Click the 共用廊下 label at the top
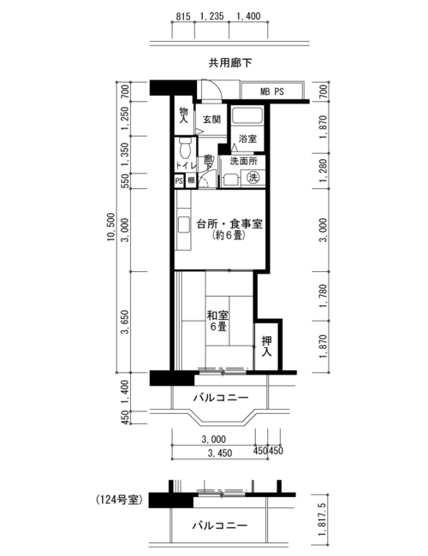[x=230, y=63]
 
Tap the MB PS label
[x=272, y=92]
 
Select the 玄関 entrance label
[x=212, y=120]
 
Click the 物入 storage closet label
[x=183, y=115]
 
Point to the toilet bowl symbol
[x=185, y=148]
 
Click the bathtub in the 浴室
[x=247, y=115]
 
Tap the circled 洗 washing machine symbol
[x=253, y=177]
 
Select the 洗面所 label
[x=243, y=161]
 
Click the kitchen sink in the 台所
[x=184, y=224]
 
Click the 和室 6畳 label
[x=218, y=321]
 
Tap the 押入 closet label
[x=266, y=346]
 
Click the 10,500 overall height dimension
[x=111, y=227]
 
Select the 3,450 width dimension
[x=220, y=452]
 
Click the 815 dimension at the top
[x=183, y=16]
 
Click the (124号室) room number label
[x=119, y=500]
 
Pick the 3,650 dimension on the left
[x=125, y=322]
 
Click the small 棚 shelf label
[x=191, y=180]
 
